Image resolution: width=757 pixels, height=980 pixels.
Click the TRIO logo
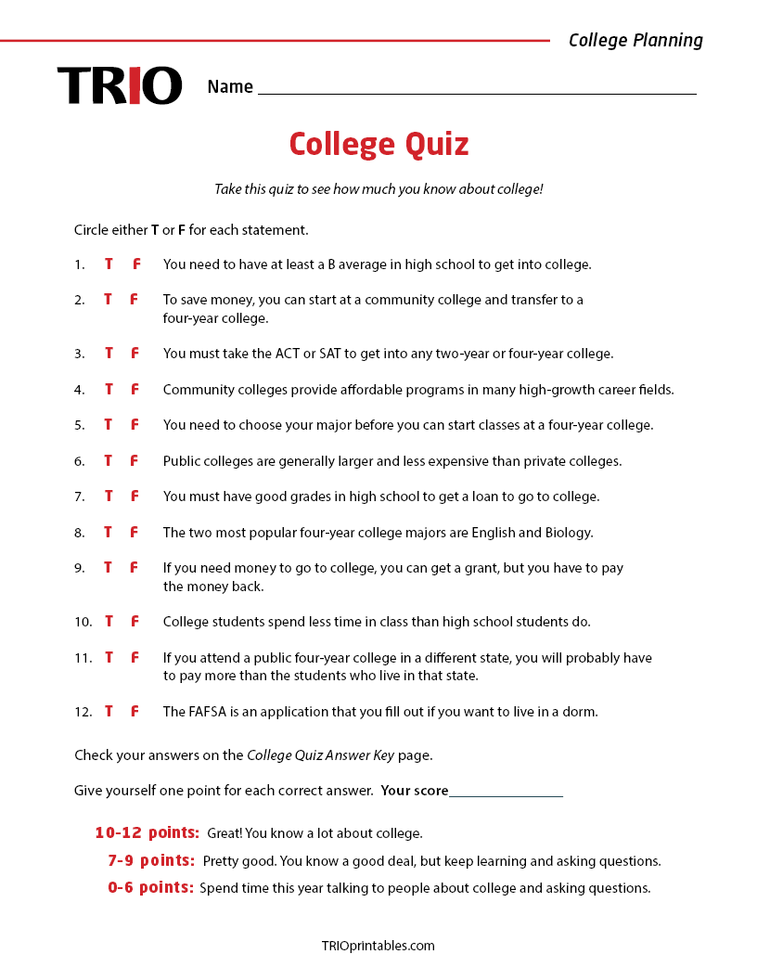pos(120,85)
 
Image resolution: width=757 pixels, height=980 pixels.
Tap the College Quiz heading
pos(378,145)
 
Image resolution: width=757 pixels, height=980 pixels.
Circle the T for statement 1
pos(109,264)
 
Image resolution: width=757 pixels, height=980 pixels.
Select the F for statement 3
pos(135,354)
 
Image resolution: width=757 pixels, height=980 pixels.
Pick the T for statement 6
pos(109,461)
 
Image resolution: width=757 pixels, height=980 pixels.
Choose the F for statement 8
pos(135,533)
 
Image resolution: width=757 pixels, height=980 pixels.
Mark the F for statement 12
pos(135,712)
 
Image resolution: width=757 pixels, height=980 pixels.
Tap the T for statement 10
pos(109,622)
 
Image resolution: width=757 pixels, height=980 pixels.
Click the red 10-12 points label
pos(148,832)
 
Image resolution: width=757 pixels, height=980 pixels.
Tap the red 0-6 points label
pos(150,887)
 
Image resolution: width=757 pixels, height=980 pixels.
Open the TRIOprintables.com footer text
pos(378,946)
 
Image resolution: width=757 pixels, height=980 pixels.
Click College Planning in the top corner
pos(635,40)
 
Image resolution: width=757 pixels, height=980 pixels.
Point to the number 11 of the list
pos(83,658)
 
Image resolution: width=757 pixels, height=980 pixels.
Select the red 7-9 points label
pos(151,860)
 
